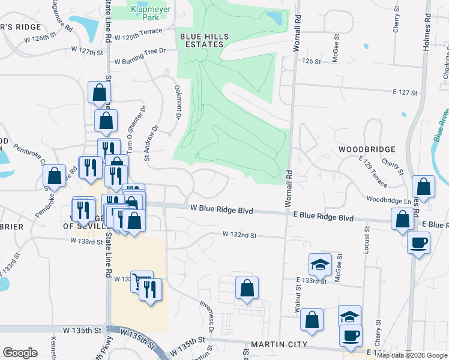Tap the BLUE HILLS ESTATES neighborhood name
point(205,40)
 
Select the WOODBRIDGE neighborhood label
point(366,149)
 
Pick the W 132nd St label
point(240,235)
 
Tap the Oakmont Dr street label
point(178,101)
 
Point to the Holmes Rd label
point(427,25)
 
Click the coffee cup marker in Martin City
point(351,335)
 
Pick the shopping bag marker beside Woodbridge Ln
point(424,187)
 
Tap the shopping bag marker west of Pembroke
point(54,176)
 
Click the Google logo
point(20,353)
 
